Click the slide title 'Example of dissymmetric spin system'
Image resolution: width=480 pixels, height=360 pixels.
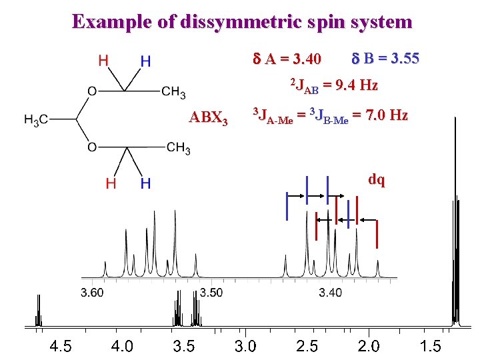point(242,21)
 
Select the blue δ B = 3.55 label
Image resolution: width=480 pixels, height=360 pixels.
point(385,59)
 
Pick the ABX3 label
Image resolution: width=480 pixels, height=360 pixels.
point(209,119)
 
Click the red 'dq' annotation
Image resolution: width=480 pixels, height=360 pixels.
point(377,180)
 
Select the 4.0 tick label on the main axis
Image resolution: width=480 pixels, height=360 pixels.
point(122,346)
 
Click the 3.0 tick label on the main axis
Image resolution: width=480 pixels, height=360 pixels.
point(245,346)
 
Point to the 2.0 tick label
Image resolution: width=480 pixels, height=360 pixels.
point(369,346)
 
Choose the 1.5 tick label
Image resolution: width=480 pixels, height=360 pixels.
point(430,346)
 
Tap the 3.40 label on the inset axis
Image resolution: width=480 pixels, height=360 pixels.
point(330,293)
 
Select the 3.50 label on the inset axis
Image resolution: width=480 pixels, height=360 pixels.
point(211,293)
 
